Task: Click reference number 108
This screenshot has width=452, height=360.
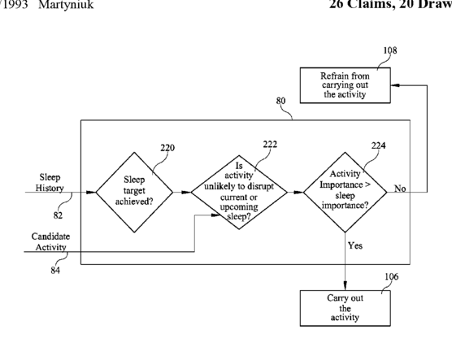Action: (390, 50)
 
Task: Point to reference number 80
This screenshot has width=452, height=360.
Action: (280, 101)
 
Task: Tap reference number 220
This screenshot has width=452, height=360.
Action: (167, 148)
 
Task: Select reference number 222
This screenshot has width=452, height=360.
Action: (270, 144)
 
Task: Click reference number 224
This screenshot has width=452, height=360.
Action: (379, 145)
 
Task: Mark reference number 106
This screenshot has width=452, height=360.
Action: (392, 276)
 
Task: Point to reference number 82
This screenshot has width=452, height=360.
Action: (58, 215)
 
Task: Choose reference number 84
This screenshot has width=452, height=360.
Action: (55, 271)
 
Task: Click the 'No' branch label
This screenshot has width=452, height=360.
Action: (400, 189)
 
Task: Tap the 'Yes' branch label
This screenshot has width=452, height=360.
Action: (355, 245)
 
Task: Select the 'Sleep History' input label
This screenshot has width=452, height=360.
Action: (50, 183)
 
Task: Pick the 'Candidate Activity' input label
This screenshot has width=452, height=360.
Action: (50, 242)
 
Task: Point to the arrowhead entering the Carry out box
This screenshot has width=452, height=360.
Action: (346, 285)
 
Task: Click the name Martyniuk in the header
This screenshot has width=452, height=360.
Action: (66, 5)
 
